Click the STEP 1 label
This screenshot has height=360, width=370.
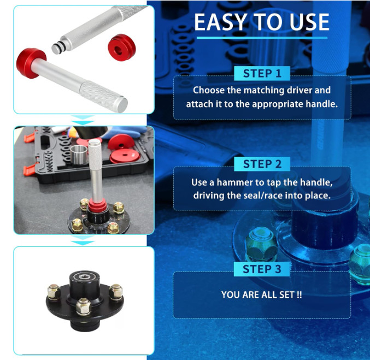tap(262, 73)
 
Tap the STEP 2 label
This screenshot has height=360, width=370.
tap(262, 164)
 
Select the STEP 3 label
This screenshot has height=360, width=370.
tap(262, 269)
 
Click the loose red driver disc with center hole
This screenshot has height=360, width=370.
tap(122, 48)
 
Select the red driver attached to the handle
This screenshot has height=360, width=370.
tap(31, 63)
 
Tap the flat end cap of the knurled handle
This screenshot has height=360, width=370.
tap(122, 105)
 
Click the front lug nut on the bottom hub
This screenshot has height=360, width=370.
tap(83, 306)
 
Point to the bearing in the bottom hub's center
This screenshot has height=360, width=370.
tap(83, 276)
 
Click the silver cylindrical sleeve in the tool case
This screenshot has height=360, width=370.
tap(79, 155)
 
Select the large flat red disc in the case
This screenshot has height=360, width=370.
tap(125, 156)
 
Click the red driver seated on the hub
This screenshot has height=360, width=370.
tap(98, 205)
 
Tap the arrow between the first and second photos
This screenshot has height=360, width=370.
tap(83, 120)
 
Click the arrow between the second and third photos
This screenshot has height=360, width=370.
tap(83, 240)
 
